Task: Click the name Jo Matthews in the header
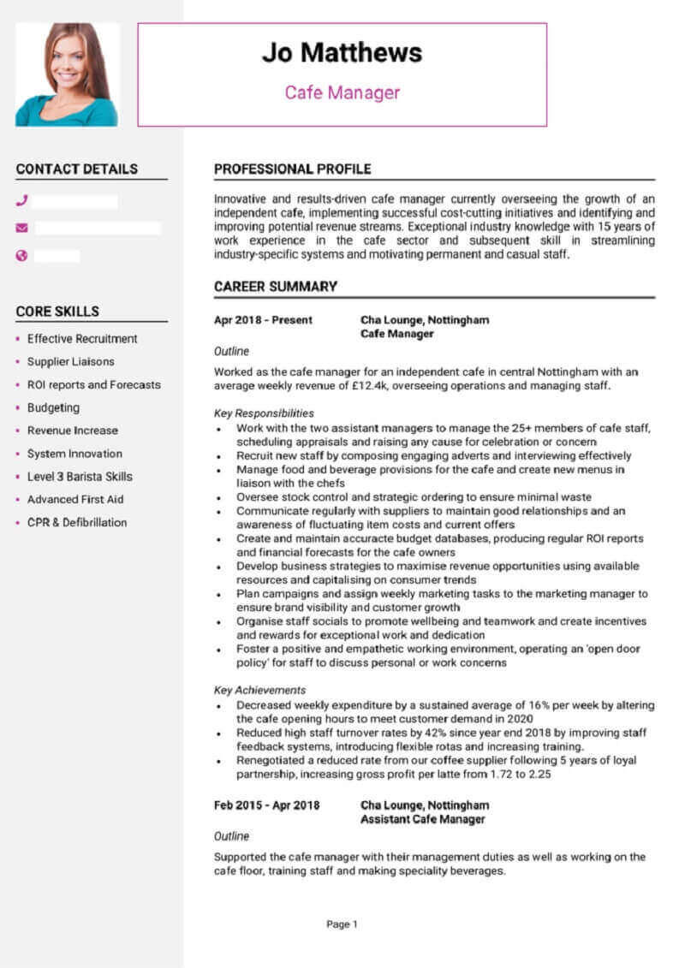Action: [x=342, y=53]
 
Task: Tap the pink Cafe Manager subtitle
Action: [x=342, y=92]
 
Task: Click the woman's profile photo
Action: [x=67, y=74]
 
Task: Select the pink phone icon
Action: [x=22, y=201]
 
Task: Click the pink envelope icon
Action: [x=22, y=228]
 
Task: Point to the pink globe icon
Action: [x=22, y=255]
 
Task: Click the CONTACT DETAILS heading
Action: [x=76, y=169]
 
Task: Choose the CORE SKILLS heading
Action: [x=57, y=312]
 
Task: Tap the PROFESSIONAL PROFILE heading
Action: [x=292, y=169]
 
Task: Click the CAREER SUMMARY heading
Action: [x=275, y=287]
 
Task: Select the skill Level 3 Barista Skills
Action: [x=80, y=477]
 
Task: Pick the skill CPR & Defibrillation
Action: [x=77, y=522]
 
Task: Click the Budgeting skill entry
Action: [x=53, y=407]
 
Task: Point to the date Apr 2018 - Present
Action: [x=263, y=320]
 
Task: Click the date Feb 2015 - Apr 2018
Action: [x=266, y=805]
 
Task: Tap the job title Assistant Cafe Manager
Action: [x=423, y=819]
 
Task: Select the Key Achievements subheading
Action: [x=259, y=690]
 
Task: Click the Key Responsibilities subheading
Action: [x=264, y=413]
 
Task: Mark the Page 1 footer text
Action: [x=342, y=923]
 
